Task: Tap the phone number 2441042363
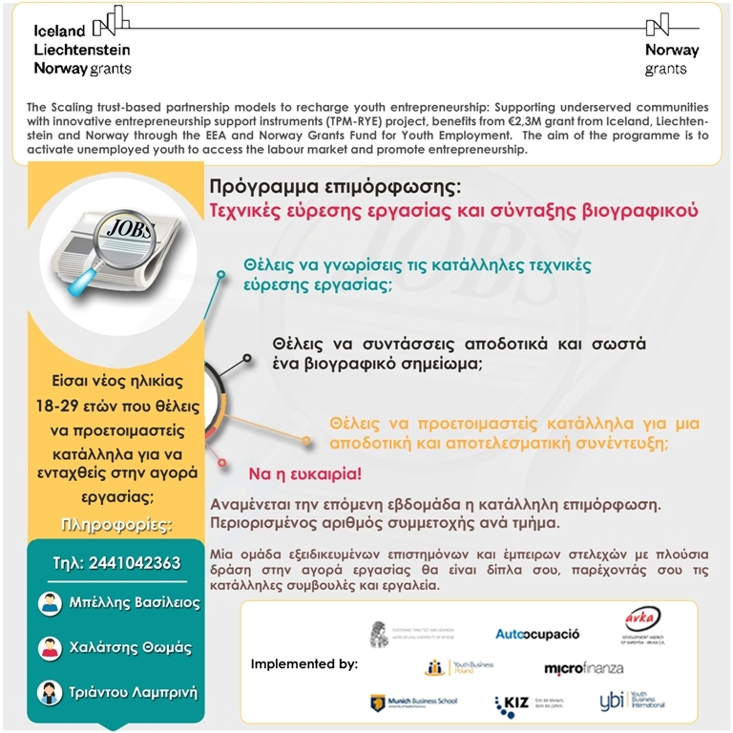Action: [116, 563]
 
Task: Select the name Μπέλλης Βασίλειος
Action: [133, 603]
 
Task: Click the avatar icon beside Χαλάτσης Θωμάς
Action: [50, 648]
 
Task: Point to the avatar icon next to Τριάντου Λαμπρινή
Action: [50, 692]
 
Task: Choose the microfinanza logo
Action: [583, 667]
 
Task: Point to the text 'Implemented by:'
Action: [304, 663]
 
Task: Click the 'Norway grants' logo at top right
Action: [672, 48]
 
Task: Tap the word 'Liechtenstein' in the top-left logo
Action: [82, 49]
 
